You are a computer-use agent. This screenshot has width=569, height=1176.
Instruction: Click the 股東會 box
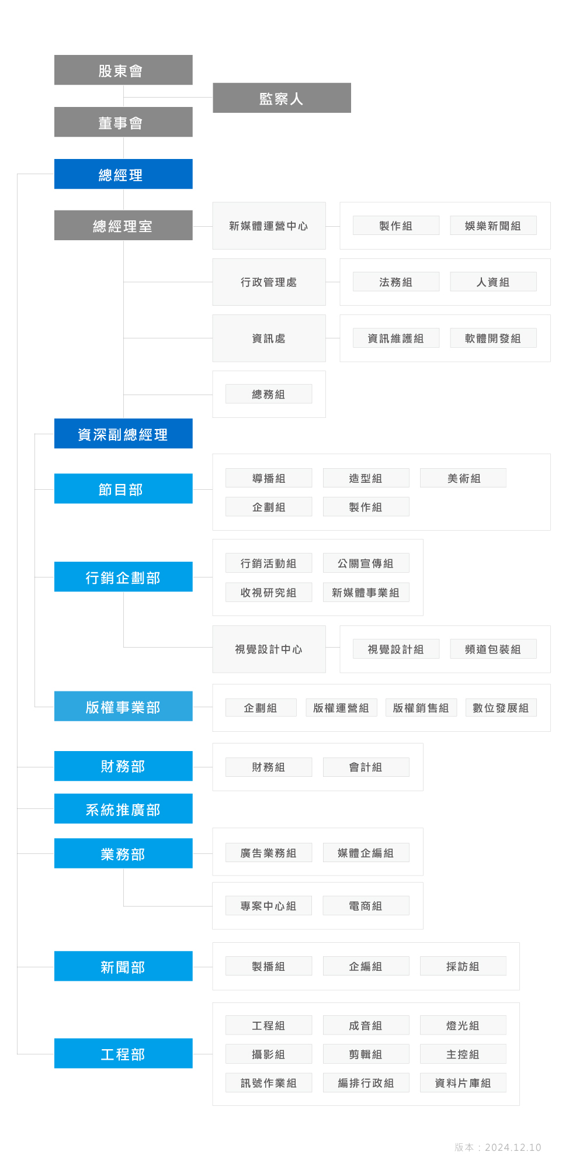[123, 70]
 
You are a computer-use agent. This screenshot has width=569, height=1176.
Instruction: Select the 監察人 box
[282, 98]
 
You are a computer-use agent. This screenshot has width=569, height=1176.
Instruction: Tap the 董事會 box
[123, 122]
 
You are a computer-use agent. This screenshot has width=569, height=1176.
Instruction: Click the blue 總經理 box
[123, 174]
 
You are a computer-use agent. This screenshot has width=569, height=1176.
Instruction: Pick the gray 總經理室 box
[123, 226]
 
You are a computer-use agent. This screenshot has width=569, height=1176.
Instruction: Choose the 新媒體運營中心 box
[269, 226]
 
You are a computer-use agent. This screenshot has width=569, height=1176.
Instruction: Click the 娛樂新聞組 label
[493, 226]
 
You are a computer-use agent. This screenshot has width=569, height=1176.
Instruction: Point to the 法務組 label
[396, 282]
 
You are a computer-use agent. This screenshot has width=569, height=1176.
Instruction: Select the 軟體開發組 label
[493, 338]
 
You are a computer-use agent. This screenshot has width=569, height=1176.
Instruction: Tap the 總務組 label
[269, 394]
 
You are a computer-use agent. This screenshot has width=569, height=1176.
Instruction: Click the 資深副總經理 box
[123, 434]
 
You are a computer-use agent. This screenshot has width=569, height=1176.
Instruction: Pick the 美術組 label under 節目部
[463, 478]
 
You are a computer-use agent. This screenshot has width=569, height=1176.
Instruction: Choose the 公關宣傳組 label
[366, 563]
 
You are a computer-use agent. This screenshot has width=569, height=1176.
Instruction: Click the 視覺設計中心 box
[269, 649]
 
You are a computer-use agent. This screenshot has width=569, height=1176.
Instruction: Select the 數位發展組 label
[501, 708]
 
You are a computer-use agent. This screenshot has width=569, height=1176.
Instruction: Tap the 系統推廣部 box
[123, 809]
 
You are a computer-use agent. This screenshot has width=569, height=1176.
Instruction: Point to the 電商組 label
[366, 906]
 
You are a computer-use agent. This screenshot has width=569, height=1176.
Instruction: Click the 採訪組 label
[463, 966]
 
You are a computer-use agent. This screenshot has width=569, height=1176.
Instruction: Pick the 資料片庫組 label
[463, 1083]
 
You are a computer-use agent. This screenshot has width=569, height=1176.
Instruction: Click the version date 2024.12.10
[513, 1147]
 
